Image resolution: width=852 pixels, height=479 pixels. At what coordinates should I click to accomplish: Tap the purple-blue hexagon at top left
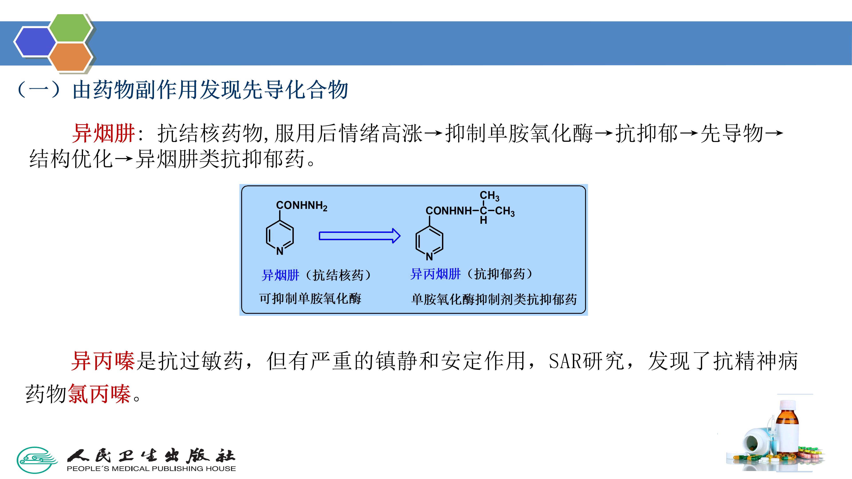(35, 42)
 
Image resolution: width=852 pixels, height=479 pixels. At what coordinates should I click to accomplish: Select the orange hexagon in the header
(70, 57)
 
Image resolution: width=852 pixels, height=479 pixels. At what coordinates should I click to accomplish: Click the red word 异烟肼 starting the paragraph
(103, 133)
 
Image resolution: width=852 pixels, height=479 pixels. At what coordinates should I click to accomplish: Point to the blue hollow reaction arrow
(359, 236)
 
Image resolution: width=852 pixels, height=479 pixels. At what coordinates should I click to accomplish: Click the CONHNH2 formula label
(301, 206)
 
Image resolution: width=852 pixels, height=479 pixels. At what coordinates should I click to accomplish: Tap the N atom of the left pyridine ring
(280, 251)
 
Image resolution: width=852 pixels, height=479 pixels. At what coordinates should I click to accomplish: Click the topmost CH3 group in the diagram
(489, 196)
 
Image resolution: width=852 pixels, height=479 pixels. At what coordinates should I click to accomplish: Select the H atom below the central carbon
(483, 220)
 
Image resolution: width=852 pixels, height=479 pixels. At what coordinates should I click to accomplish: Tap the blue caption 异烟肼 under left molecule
(280, 275)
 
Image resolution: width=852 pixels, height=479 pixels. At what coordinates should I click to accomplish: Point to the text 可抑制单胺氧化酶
(310, 298)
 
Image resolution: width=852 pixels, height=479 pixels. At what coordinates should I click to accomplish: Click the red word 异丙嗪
(103, 361)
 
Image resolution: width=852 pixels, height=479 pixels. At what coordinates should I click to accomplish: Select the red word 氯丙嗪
(99, 394)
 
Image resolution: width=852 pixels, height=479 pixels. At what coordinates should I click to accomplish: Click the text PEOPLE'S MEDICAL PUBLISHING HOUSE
(151, 468)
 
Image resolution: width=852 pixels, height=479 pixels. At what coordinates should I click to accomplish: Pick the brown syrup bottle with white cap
(787, 426)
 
